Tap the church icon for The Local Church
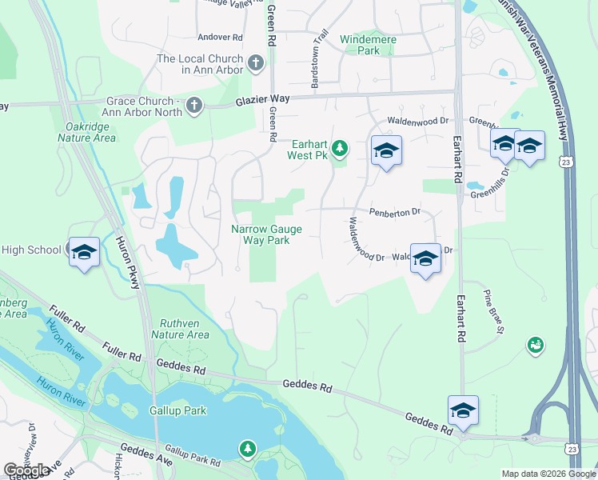[x=255, y=63]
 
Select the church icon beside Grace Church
[x=193, y=105]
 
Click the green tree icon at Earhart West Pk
[x=340, y=147]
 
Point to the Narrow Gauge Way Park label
[x=266, y=234]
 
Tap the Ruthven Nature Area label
[x=180, y=329]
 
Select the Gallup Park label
[x=177, y=410]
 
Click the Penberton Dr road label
[x=394, y=213]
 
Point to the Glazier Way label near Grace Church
[x=261, y=98]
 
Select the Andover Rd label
[x=220, y=37]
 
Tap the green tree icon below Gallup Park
[x=249, y=449]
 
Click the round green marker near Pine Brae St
[x=535, y=346]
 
